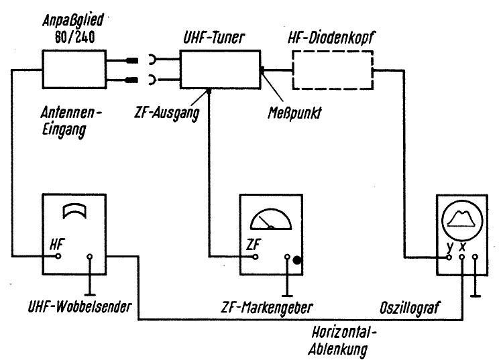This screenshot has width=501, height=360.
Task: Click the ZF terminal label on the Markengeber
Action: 253,245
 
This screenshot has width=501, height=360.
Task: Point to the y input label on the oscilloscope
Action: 449,246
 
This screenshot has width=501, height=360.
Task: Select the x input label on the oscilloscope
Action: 462,246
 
